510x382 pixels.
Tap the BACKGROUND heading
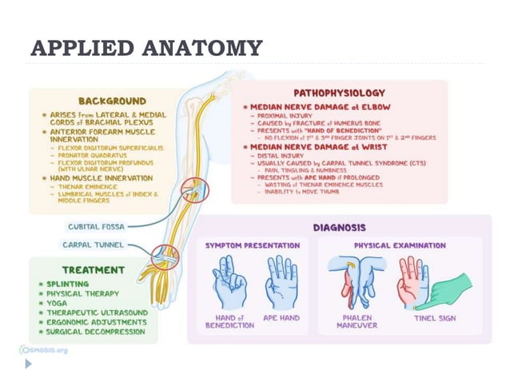tap(112, 101)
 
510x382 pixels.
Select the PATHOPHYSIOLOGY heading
tap(339, 93)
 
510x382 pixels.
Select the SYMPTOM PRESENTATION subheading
tap(253, 245)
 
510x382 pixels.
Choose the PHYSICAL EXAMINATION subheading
tap(400, 245)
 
